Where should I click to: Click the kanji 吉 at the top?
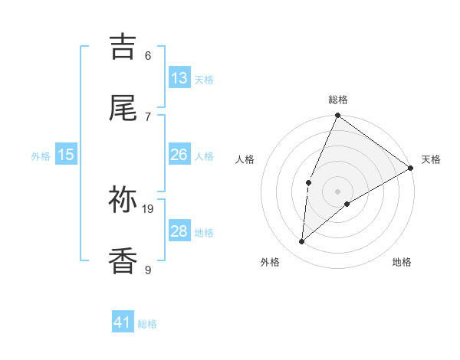(x=123, y=47)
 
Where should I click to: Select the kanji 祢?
(x=123, y=200)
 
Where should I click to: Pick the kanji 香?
(x=123, y=261)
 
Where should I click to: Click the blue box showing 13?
(x=179, y=78)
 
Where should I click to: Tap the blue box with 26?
(x=179, y=155)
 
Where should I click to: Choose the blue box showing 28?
(x=179, y=231)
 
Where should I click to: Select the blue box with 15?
(x=66, y=155)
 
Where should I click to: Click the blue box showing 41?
(x=123, y=322)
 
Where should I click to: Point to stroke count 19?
(x=149, y=208)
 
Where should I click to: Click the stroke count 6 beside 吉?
(x=148, y=55)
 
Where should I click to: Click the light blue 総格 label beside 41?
(x=147, y=324)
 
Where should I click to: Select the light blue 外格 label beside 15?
(x=41, y=155)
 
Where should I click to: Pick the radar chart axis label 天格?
(x=431, y=159)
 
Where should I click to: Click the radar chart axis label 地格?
(x=402, y=262)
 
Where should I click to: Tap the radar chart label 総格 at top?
(x=338, y=100)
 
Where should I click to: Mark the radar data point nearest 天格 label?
(x=410, y=168)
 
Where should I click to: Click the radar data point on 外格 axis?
(x=302, y=242)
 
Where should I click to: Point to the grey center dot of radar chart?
(x=337, y=191)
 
